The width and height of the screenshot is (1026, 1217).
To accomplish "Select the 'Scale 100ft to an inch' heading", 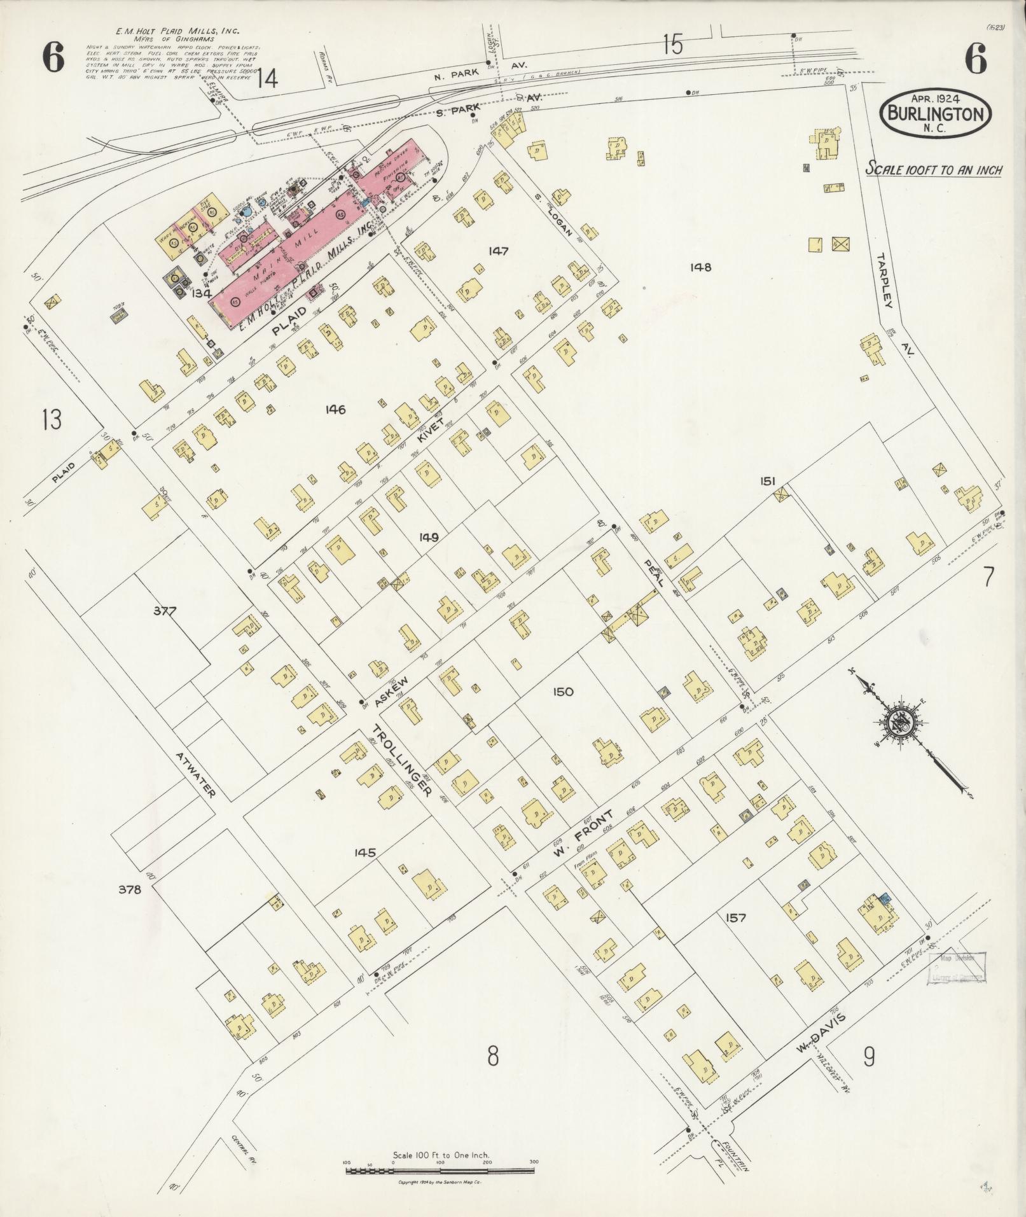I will [933, 170].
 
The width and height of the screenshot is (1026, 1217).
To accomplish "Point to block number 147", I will [498, 251].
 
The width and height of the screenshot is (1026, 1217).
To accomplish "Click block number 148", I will [700, 267].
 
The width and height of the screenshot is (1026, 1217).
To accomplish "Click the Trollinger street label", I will [403, 761].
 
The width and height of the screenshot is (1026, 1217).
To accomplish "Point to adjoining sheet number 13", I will [52, 419].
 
